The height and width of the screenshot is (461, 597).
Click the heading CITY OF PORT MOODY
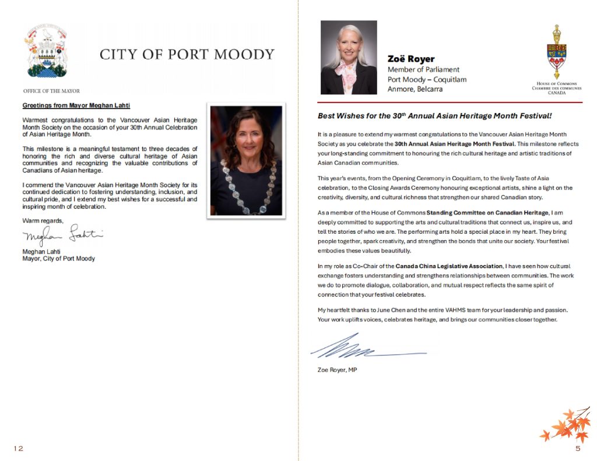(x=187, y=55)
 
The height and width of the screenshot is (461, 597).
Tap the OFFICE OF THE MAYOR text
(x=51, y=91)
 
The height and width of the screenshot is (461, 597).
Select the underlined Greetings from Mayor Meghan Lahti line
(x=76, y=105)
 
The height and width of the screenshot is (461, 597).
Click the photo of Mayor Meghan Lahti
(x=246, y=161)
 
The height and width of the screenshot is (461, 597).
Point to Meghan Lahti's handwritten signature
(x=62, y=236)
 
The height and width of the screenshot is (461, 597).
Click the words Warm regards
(x=43, y=220)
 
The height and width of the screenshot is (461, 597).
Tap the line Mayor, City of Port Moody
(x=58, y=259)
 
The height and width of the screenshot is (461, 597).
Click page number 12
(x=19, y=448)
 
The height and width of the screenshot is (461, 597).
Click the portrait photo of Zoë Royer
(x=349, y=58)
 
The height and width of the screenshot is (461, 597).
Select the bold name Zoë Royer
(x=411, y=59)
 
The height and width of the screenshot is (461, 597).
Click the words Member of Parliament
(x=423, y=69)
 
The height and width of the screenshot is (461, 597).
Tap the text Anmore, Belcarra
(x=415, y=89)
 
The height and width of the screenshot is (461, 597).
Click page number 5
(x=577, y=448)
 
